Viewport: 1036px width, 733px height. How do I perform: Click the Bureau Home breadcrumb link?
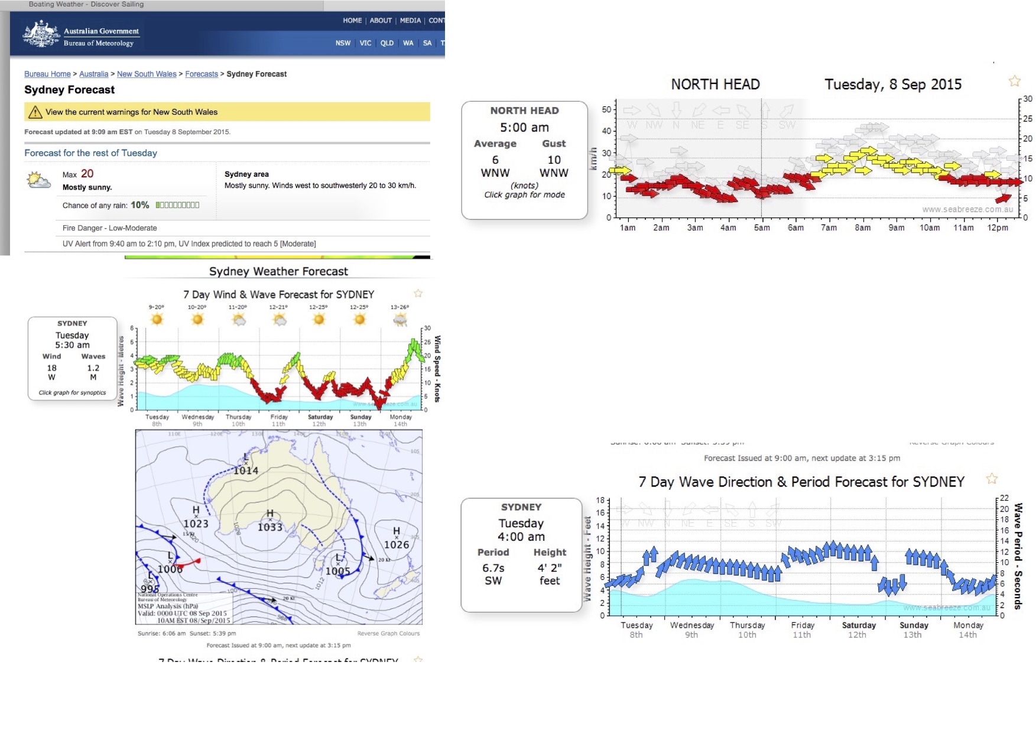tap(47, 74)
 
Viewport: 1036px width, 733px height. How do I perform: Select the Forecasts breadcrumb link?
tap(202, 74)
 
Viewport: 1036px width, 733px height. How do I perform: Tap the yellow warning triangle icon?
tap(35, 112)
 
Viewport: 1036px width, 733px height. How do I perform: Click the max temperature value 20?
tap(87, 174)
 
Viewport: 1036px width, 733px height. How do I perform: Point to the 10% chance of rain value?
tap(140, 205)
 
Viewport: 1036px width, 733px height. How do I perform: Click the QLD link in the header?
tap(387, 43)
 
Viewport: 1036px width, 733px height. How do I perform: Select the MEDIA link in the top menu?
tap(410, 21)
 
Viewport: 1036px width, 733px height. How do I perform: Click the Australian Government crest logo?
tap(41, 34)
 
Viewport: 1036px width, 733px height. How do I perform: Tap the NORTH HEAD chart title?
tap(715, 85)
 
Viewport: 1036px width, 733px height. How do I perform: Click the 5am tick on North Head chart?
tap(762, 227)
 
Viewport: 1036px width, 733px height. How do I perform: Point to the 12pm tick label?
tap(998, 228)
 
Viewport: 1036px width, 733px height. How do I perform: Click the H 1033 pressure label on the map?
tap(270, 522)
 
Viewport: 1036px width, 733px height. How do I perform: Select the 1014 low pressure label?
tap(246, 471)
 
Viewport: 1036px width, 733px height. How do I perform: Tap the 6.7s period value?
tap(493, 568)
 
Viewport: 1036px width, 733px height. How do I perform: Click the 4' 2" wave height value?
tap(550, 568)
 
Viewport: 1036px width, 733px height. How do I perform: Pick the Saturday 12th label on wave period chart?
tap(858, 630)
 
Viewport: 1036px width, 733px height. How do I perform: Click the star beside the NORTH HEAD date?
tap(1015, 81)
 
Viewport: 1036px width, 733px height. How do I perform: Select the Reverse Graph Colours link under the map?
tap(388, 634)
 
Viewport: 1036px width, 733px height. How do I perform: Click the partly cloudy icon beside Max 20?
tap(39, 180)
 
